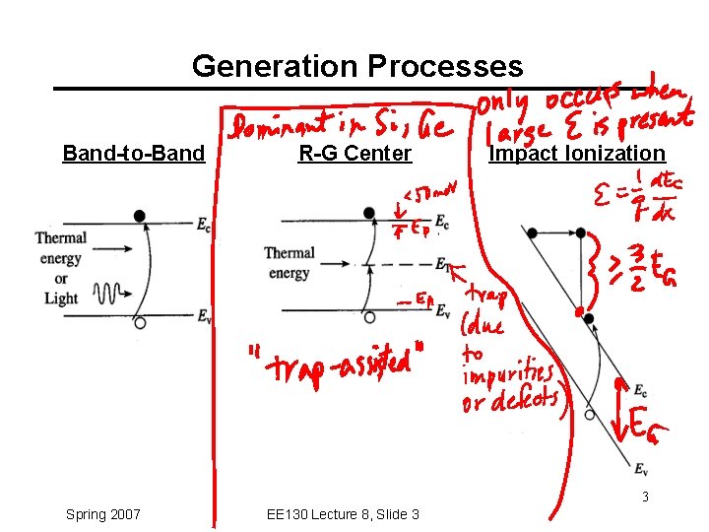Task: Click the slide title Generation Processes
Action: click(x=357, y=66)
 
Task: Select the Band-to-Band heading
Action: click(x=133, y=154)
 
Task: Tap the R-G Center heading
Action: click(x=354, y=154)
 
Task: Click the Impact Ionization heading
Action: click(x=577, y=154)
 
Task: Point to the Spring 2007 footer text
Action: click(x=102, y=514)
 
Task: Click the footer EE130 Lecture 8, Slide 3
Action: click(x=343, y=514)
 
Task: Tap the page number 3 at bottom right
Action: click(x=646, y=497)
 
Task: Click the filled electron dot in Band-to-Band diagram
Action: click(x=140, y=215)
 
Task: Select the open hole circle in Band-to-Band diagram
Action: click(x=140, y=322)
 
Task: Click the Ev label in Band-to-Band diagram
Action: click(x=203, y=316)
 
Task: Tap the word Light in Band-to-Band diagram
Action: click(x=61, y=299)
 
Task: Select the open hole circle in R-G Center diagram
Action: click(x=368, y=317)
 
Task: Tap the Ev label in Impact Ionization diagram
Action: click(x=641, y=468)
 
